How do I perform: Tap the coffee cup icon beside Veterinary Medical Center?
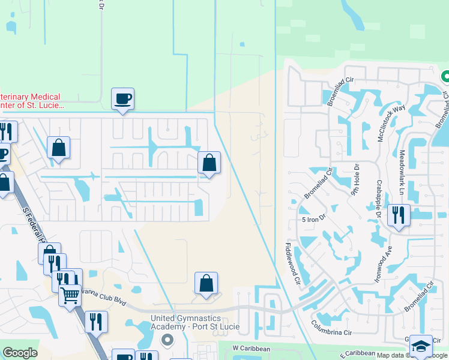tap(122, 98)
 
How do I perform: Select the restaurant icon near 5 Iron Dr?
tap(399, 215)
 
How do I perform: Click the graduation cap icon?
tap(421, 346)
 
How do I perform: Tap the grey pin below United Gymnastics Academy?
tap(167, 340)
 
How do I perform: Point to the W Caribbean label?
tap(252, 348)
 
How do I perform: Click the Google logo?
tap(20, 353)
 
